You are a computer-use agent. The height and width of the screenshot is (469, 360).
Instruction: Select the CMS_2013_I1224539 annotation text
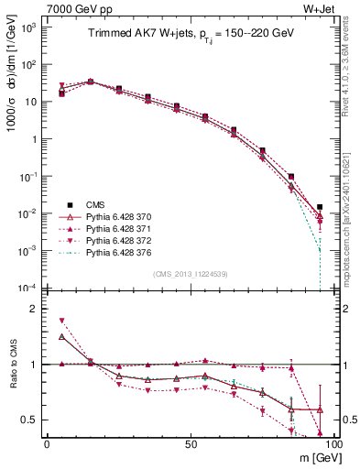coord(189,273)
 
